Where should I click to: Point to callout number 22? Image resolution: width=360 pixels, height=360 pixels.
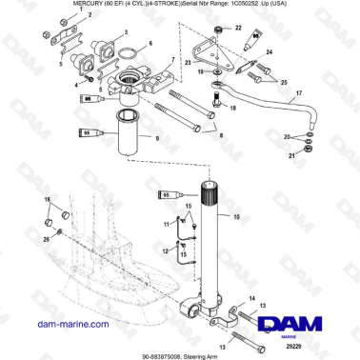coord(238,30)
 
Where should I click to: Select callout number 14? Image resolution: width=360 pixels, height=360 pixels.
coord(252,298)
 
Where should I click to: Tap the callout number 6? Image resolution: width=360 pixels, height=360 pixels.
coord(150,44)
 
